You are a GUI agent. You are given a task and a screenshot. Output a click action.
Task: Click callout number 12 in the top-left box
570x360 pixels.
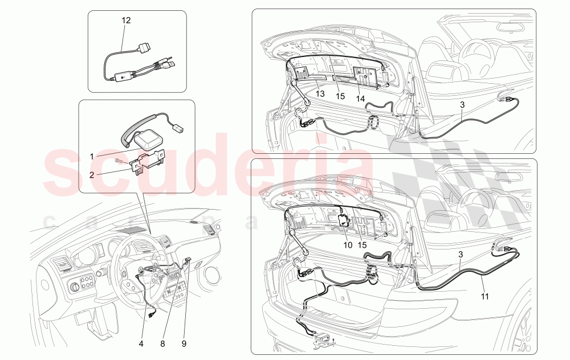(x=126, y=20)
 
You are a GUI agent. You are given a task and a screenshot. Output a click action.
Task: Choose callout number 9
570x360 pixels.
(x=184, y=343)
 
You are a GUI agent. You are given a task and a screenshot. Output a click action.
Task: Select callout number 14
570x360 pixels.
(x=361, y=99)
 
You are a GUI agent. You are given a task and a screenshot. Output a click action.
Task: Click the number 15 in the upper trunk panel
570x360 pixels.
(x=340, y=96)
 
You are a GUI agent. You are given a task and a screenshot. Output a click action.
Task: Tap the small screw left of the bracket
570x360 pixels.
(x=119, y=161)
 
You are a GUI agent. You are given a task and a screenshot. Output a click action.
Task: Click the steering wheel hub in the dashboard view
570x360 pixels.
(x=148, y=274)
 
